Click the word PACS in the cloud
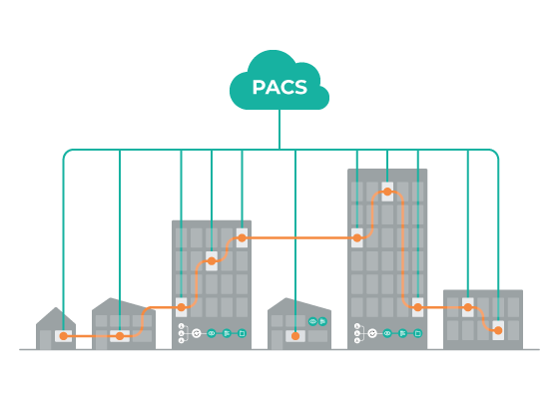[x=279, y=88]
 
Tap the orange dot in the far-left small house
[x=63, y=336]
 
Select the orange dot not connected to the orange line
[x=295, y=336]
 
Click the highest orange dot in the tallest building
[x=387, y=192]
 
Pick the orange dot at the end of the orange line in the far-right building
[x=498, y=330]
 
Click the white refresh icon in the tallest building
[x=372, y=333]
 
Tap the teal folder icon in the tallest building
[x=418, y=333]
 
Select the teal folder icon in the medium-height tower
[x=242, y=333]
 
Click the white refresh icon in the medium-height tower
[x=197, y=333]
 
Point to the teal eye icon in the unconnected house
[x=312, y=321]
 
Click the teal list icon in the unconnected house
[x=322, y=321]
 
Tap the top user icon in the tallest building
[x=357, y=326]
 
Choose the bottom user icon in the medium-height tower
[x=181, y=341]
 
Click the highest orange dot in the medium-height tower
[x=242, y=238]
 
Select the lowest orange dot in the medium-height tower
[x=181, y=307]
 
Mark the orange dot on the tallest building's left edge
[x=357, y=238]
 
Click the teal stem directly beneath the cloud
[x=279, y=130]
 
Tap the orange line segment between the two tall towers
[x=299, y=238]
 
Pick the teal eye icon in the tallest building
[x=387, y=333]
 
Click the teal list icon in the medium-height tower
[x=227, y=333]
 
